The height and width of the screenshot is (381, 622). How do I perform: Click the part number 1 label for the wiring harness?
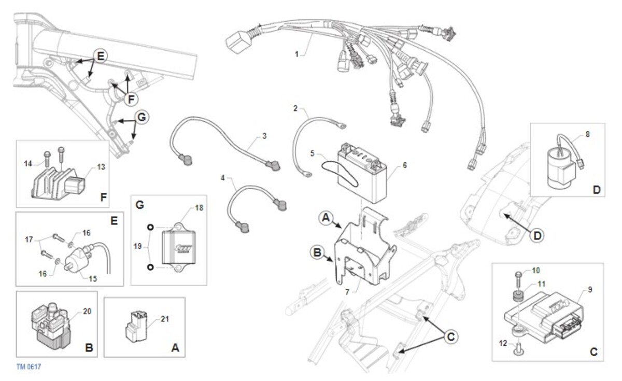(x=296, y=54)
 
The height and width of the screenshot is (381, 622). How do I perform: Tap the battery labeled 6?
(x=362, y=174)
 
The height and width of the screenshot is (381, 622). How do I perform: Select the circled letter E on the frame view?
(x=100, y=56)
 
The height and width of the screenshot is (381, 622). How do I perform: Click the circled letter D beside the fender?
(x=537, y=236)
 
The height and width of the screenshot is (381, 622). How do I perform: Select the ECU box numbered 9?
(x=544, y=318)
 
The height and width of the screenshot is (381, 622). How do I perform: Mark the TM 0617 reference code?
(x=29, y=367)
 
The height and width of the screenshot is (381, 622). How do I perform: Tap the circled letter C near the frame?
(x=450, y=337)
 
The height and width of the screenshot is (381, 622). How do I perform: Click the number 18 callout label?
(x=199, y=208)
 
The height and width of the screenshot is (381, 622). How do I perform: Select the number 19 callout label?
(x=137, y=246)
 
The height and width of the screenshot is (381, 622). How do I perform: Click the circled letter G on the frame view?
(x=142, y=117)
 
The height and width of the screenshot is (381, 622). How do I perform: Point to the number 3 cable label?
(x=264, y=136)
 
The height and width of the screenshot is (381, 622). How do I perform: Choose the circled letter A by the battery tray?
(x=326, y=217)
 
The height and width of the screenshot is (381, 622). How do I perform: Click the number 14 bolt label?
(x=28, y=164)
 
